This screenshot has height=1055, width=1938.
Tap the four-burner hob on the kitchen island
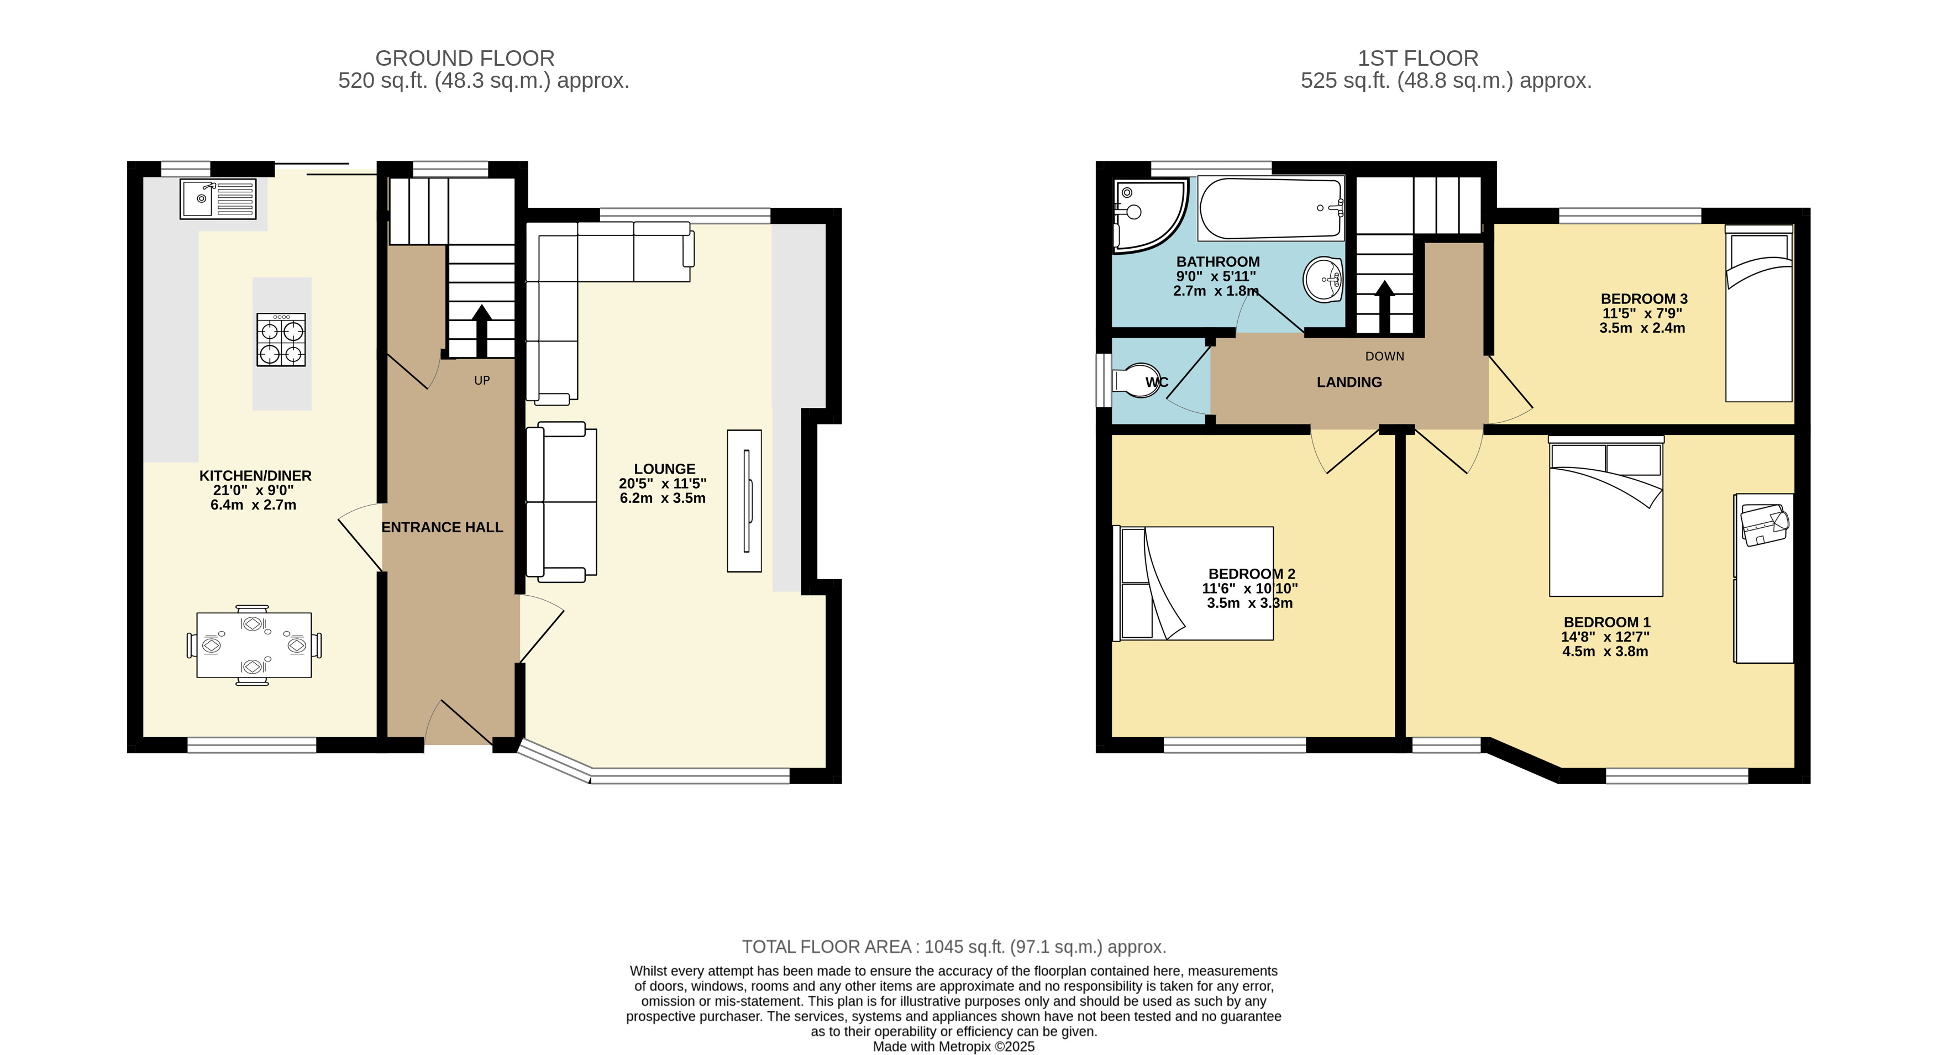281,339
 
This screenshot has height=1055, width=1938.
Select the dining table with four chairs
254,645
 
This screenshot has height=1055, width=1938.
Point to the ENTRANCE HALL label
443,527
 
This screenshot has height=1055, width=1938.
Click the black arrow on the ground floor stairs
481,331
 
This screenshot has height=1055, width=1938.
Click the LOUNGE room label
664,469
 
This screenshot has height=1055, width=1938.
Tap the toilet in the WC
1137,381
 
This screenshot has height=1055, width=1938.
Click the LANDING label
1349,382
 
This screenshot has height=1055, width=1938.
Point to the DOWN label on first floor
1385,356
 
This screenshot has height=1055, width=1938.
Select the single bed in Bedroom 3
1759,313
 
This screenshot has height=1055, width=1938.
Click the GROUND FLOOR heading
465,58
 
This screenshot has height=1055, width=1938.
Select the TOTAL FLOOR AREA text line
954,947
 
